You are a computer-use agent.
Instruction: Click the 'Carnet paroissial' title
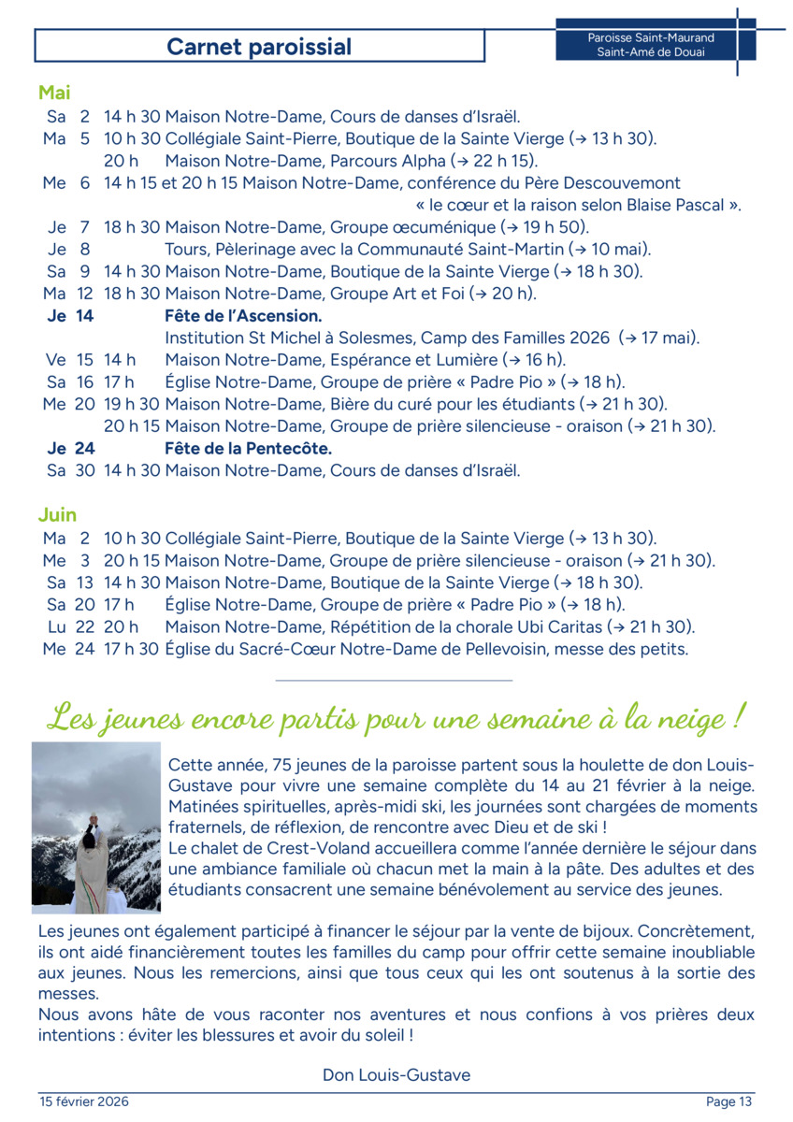pos(259,47)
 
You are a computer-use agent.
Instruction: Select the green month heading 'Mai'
pos(54,93)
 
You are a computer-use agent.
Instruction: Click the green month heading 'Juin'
pos(57,515)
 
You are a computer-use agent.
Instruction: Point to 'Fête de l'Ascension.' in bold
pos(243,316)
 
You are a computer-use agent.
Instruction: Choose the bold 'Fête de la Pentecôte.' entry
pos(248,449)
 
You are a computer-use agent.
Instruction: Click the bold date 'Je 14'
pos(71,316)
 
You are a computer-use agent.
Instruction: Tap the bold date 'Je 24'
pos(71,449)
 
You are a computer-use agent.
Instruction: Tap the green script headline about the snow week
pos(396,718)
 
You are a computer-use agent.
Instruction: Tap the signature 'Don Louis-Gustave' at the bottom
pos(396,1075)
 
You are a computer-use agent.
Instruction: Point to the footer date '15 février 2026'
pos(84,1101)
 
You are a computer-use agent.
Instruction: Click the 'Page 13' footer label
pos(728,1101)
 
